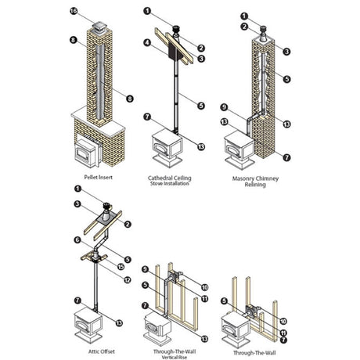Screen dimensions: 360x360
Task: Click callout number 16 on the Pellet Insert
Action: click(74, 11)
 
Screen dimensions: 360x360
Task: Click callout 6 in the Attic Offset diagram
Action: click(77, 239)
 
